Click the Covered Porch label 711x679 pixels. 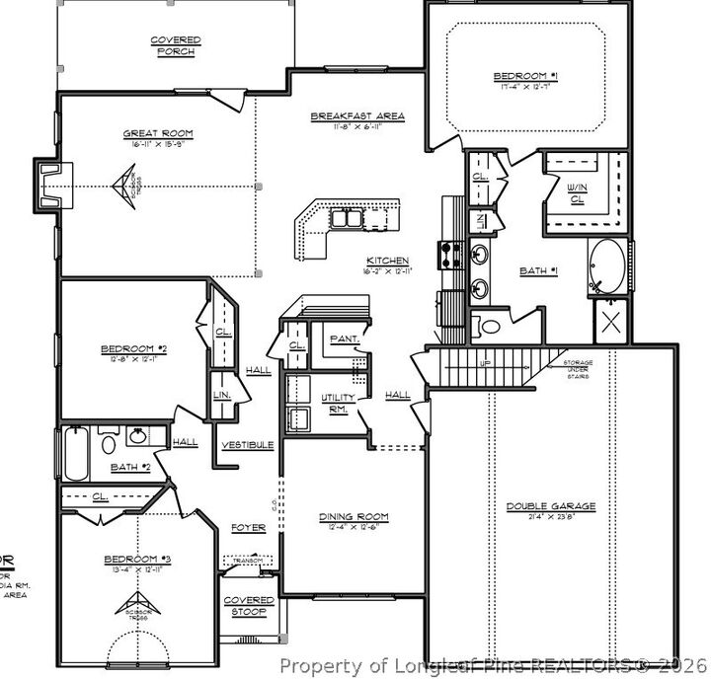click(176, 45)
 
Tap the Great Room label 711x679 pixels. click(158, 133)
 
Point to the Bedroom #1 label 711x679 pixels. click(527, 76)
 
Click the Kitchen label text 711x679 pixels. click(388, 261)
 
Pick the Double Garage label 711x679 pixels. click(551, 506)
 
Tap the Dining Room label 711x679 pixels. click(353, 516)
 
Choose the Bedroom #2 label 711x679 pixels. click(132, 348)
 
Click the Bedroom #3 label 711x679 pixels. click(137, 561)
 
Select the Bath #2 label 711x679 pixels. click(129, 466)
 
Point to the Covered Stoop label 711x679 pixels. click(248, 605)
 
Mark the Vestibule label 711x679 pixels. click(247, 445)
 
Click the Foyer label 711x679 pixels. click(248, 528)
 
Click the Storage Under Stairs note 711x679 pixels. click(579, 369)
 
